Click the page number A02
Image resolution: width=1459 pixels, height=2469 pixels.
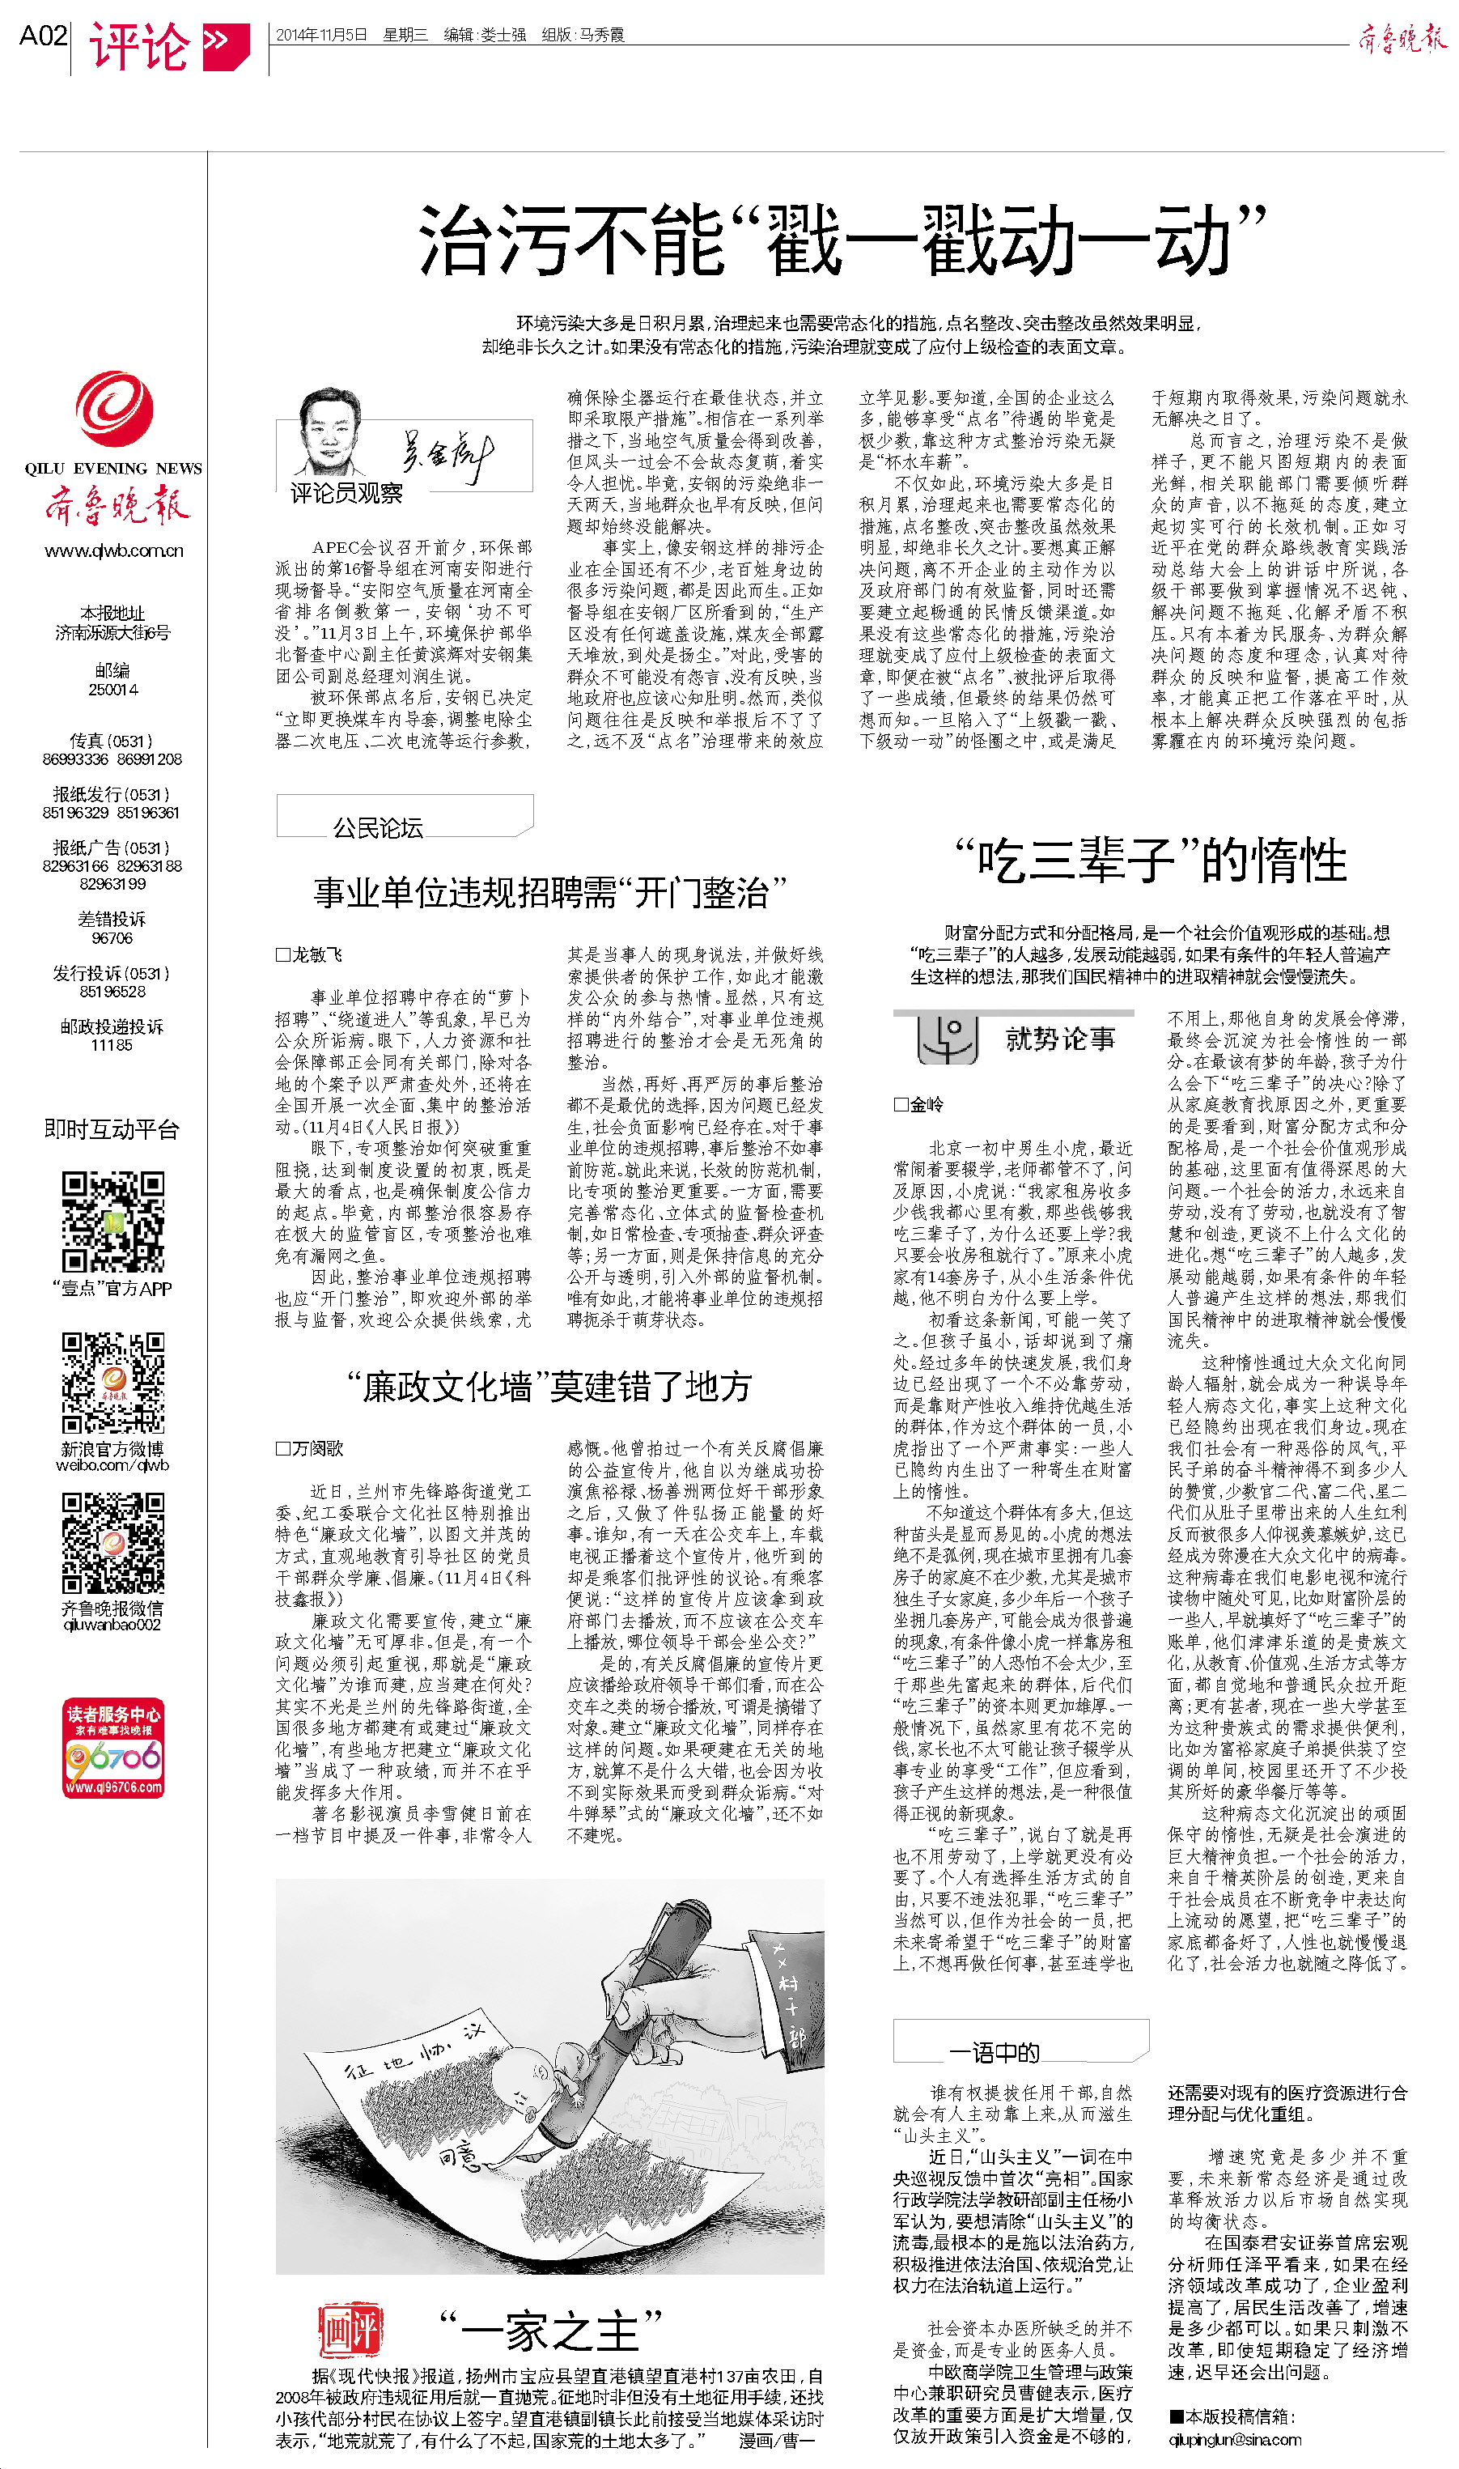pyautogui.click(x=43, y=36)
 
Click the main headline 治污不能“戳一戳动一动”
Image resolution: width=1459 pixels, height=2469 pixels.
pyautogui.click(x=841, y=241)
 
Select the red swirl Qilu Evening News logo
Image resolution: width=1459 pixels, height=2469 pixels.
pyautogui.click(x=114, y=409)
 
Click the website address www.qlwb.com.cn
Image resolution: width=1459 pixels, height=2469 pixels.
pyautogui.click(x=114, y=550)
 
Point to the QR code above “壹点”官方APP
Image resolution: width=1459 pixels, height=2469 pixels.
pyautogui.click(x=112, y=1222)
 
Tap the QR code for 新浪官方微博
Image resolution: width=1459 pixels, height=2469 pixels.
pyautogui.click(x=112, y=1383)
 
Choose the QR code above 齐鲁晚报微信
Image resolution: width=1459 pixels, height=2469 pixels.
pyautogui.click(x=112, y=1542)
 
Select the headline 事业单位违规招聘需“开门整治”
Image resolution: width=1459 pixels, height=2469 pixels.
pyautogui.click(x=549, y=893)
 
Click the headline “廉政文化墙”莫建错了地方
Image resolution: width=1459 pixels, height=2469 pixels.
pyautogui.click(x=549, y=1387)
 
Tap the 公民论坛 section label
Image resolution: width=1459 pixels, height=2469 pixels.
pyautogui.click(x=378, y=828)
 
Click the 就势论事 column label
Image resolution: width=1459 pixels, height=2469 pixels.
pyautogui.click(x=1059, y=1039)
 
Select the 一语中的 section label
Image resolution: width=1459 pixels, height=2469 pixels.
pyautogui.click(x=993, y=2052)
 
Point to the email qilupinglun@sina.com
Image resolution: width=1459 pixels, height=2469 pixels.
pyautogui.click(x=1234, y=2438)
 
